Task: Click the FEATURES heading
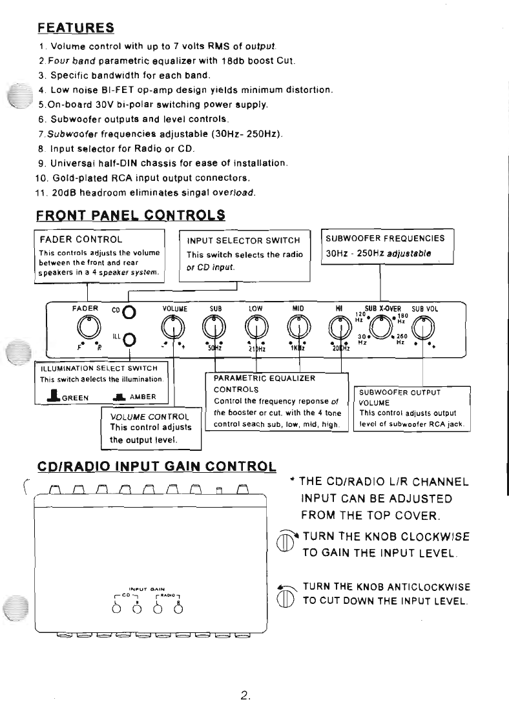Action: point(76,28)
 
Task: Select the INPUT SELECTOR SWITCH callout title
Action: point(244,241)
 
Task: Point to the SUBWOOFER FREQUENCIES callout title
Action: point(386,238)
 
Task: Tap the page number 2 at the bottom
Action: point(245,678)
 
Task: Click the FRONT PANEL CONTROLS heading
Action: point(130,214)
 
